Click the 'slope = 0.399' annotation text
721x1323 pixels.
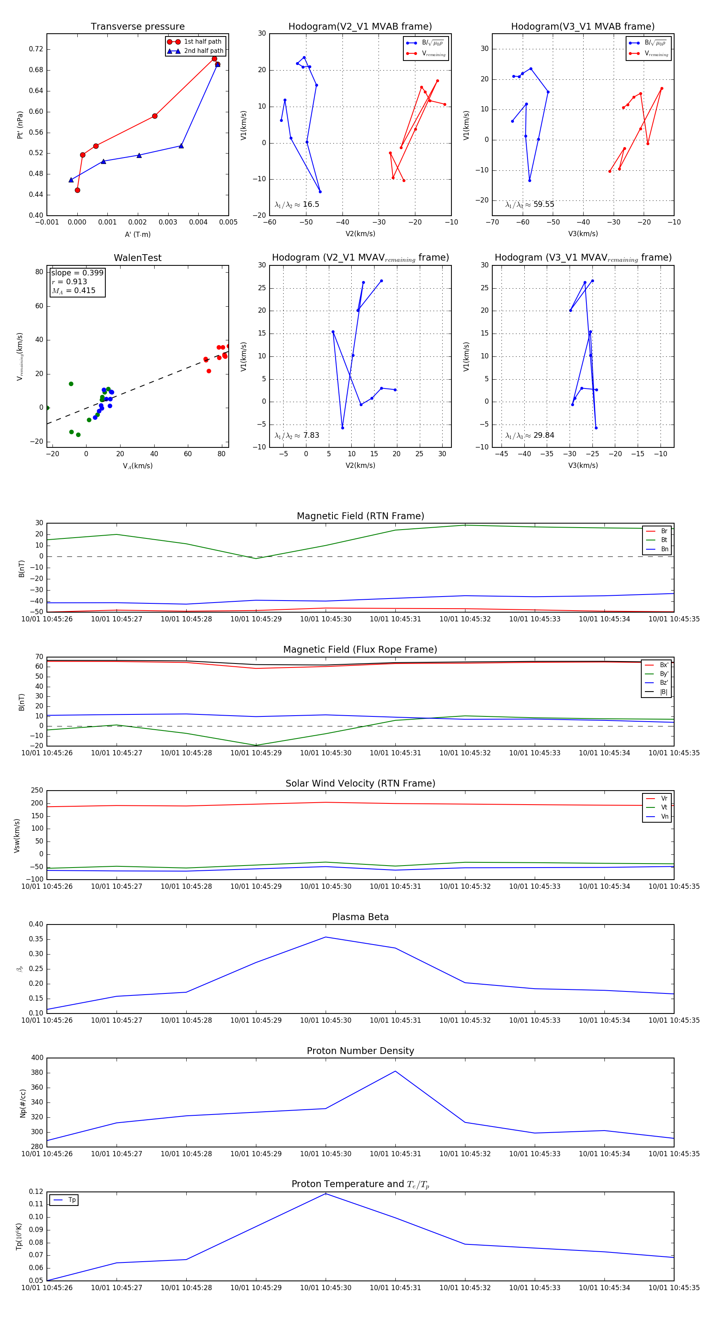(77, 273)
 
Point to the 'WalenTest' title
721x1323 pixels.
(137, 258)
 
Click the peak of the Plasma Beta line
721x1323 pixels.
(325, 937)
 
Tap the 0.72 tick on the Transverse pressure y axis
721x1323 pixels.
(36, 49)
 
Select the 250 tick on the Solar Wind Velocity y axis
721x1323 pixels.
(36, 791)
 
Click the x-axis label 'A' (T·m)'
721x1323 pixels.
(137, 234)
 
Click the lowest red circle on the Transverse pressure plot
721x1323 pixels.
(77, 190)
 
